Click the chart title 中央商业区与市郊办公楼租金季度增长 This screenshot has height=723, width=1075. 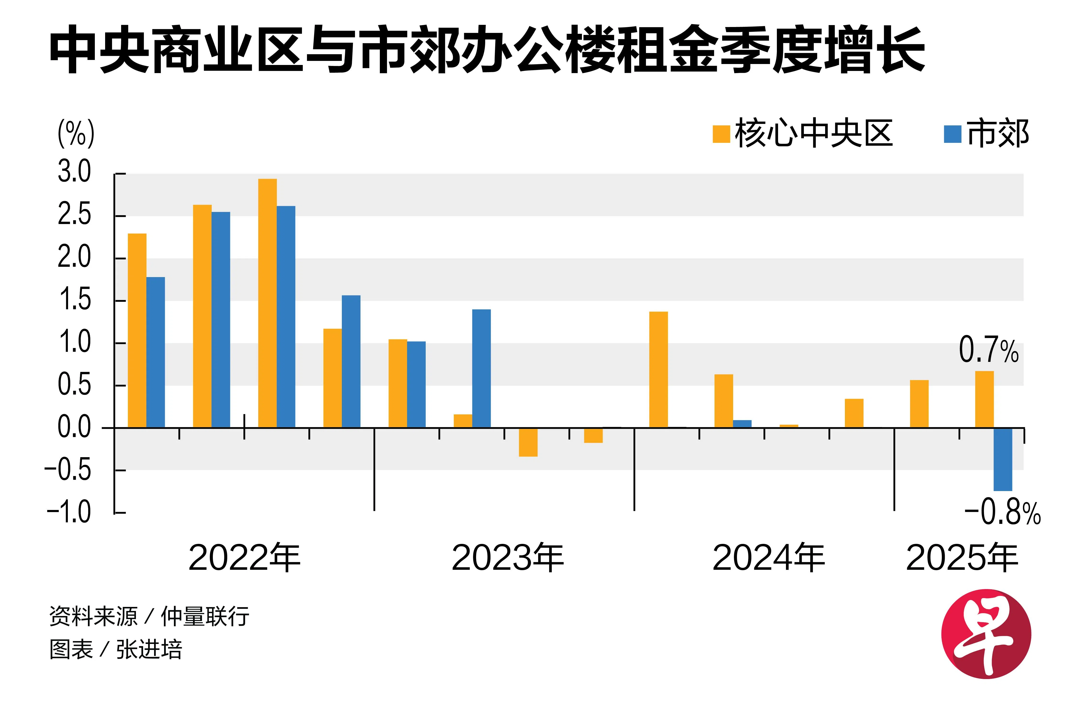pyautogui.click(x=487, y=50)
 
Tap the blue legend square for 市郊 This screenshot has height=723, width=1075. pyautogui.click(x=952, y=134)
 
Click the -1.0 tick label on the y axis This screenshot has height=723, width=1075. pyautogui.click(x=69, y=512)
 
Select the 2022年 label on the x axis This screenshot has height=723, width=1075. pyautogui.click(x=244, y=558)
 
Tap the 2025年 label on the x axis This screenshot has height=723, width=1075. pyautogui.click(x=962, y=558)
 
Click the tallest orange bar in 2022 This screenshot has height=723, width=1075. pyautogui.click(x=268, y=303)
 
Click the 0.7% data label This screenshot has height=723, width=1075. pyautogui.click(x=988, y=350)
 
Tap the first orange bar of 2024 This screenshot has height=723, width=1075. pyautogui.click(x=658, y=370)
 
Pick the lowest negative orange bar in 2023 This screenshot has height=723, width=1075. pyautogui.click(x=528, y=442)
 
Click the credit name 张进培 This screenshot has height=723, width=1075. pyautogui.click(x=149, y=650)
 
